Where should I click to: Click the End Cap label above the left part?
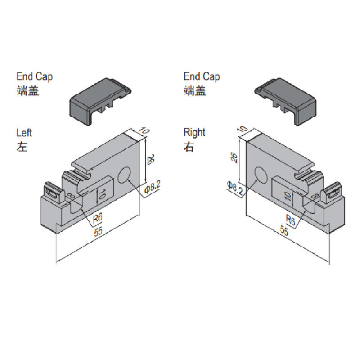pos(34,76)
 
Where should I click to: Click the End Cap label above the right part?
pos(202,76)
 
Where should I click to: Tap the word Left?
pos(24,133)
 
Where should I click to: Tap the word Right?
pos(194,133)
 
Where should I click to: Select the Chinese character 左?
pos(22,147)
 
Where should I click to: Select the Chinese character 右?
pos(189,147)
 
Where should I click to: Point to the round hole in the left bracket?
pos(125,175)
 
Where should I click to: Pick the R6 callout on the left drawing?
pos(98,219)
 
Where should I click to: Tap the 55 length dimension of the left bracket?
pos(98,233)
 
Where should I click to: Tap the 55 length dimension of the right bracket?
pos(284,231)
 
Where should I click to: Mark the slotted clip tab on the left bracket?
pos(51,193)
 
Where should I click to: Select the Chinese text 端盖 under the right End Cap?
pos(195,91)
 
